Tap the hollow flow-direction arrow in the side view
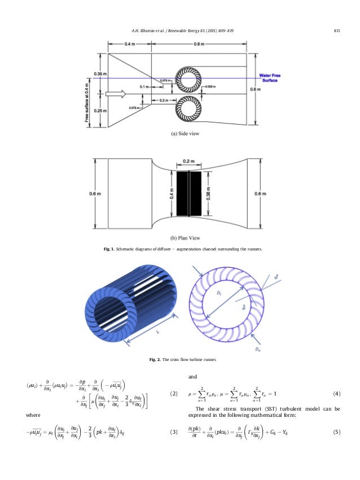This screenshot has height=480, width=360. (x=116, y=95)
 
